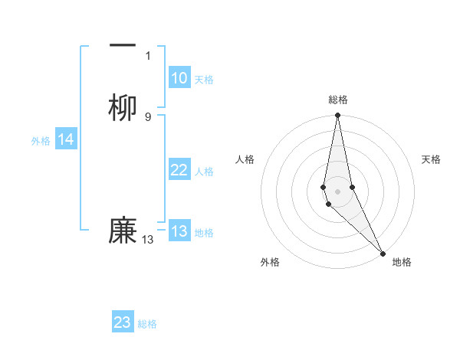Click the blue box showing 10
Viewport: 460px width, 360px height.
(179, 78)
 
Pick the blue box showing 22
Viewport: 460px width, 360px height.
(179, 170)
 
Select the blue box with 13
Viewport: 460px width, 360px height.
(179, 231)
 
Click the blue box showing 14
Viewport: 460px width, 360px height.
(66, 139)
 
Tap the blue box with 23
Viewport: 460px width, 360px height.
(123, 322)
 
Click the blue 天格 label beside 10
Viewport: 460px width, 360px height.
(203, 79)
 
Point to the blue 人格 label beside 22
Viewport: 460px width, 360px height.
(204, 171)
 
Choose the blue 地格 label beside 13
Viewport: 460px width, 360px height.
(204, 232)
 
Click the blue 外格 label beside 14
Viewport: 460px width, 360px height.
(41, 140)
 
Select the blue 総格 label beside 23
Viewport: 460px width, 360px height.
(147, 323)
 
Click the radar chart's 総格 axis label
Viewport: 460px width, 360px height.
(338, 100)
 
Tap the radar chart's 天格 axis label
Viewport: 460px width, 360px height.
(432, 159)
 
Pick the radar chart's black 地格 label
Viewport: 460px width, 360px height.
(402, 262)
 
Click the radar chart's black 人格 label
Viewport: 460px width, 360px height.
(245, 159)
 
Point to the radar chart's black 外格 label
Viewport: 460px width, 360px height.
(270, 262)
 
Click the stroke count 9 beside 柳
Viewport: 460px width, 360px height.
(148, 116)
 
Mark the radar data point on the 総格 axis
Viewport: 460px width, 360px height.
(337, 116)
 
